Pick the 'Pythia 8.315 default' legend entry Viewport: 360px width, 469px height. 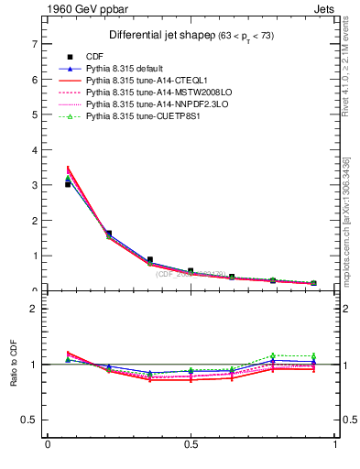[127, 69]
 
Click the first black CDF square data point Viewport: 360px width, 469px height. [69, 184]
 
